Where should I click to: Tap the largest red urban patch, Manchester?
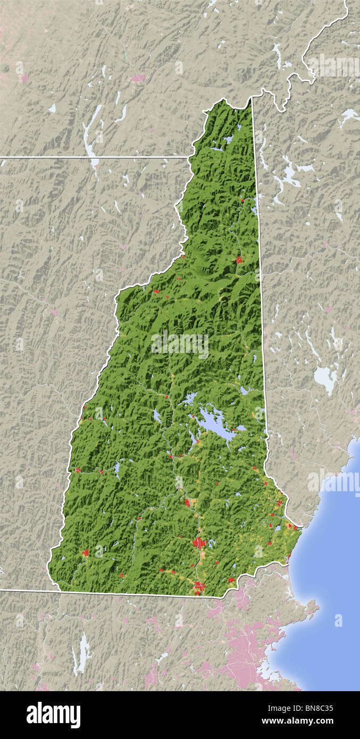199,543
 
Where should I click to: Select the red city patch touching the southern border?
199,587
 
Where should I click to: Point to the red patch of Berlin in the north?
239,259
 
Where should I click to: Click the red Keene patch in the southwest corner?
85,553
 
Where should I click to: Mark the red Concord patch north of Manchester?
187,502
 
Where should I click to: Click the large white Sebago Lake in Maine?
324,378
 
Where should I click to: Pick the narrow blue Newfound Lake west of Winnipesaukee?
157,415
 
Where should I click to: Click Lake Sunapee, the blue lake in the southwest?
116,467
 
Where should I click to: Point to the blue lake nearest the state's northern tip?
228,140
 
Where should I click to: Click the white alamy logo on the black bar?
53,715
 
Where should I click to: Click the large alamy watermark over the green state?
180,344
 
